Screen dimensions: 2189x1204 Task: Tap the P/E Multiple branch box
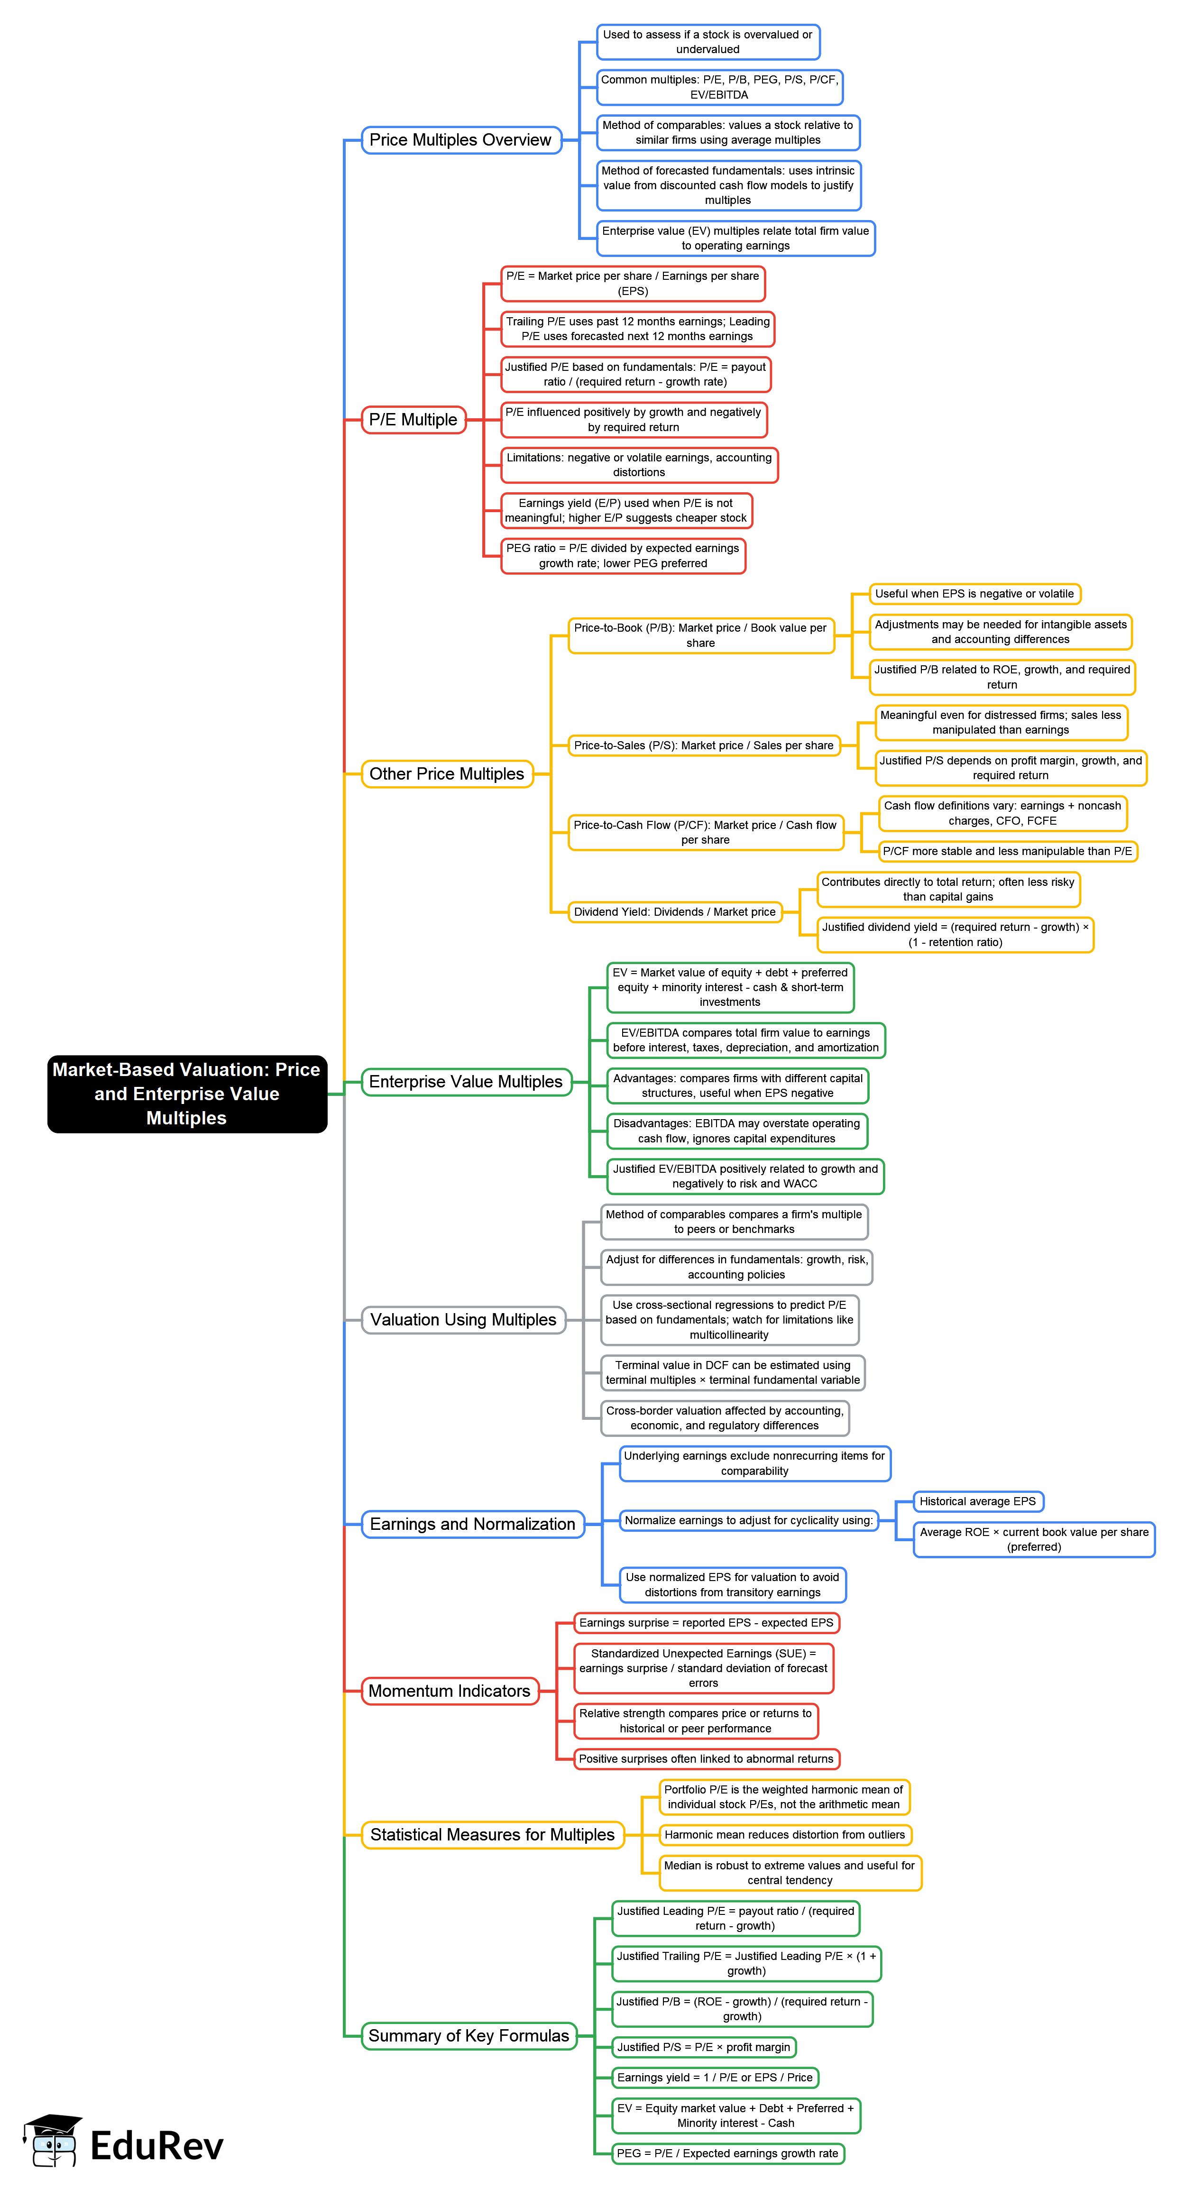(413, 420)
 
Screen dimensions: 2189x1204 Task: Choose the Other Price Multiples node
(447, 774)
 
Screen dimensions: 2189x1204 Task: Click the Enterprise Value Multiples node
(466, 1082)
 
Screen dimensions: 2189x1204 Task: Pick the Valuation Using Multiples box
(463, 1320)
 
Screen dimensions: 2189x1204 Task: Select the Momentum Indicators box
(450, 1691)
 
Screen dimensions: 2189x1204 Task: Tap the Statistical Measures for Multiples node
(492, 1835)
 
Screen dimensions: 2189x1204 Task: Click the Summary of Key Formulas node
(468, 2035)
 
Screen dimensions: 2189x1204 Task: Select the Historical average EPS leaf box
(977, 1501)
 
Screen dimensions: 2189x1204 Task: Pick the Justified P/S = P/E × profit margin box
(704, 2047)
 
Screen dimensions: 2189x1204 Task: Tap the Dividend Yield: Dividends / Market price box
(675, 912)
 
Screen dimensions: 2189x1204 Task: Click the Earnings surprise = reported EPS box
(706, 1623)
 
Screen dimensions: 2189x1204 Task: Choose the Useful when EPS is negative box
(974, 594)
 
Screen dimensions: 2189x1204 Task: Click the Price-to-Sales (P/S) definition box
(704, 745)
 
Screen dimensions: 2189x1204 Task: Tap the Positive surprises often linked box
(706, 1759)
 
